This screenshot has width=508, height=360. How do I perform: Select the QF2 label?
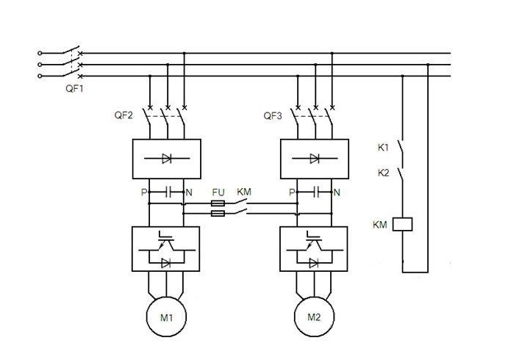point(124,116)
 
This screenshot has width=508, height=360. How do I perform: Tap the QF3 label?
point(273,116)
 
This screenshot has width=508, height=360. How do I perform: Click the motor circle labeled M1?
point(166,317)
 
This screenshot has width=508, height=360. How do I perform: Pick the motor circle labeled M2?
point(315,317)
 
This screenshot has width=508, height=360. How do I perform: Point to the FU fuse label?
point(218,192)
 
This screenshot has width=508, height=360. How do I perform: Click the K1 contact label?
point(383,148)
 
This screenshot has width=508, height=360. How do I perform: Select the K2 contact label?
point(383,173)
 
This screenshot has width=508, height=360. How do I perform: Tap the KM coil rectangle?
point(403,224)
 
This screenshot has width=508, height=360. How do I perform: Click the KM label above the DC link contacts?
point(244,192)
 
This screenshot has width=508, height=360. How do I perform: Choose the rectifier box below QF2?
point(165,157)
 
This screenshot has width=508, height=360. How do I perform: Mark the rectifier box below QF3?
point(314,157)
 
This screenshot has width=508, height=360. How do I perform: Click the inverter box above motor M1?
point(165,249)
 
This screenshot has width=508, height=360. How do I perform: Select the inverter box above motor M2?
point(314,249)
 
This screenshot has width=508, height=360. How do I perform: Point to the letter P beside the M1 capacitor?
point(143,192)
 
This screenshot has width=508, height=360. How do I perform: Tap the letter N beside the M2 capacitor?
point(337,192)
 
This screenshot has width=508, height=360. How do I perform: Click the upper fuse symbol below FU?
point(218,204)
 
